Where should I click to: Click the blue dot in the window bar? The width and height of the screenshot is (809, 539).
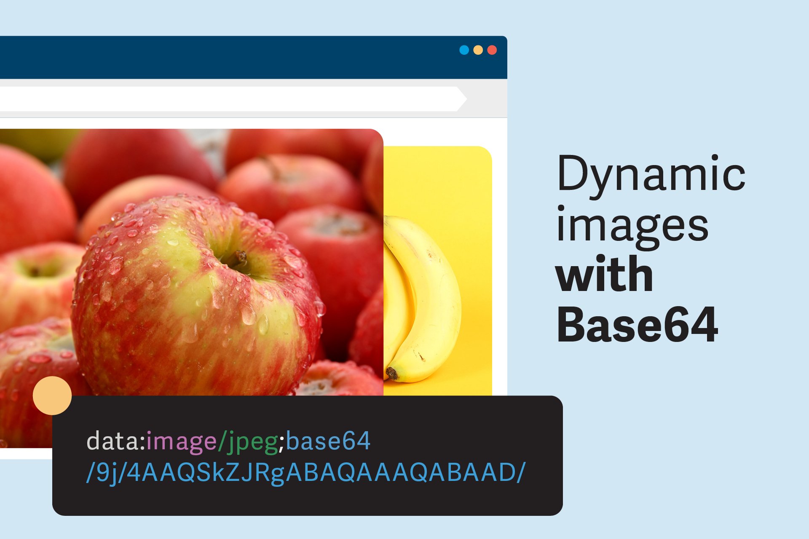click(464, 50)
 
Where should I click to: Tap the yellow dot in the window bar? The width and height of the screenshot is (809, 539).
click(478, 50)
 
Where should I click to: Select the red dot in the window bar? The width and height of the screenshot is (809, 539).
click(492, 50)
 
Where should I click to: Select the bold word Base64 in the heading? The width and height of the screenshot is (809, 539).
click(637, 325)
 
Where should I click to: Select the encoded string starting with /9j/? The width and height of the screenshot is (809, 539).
click(305, 472)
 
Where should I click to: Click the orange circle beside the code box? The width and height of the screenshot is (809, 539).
click(52, 395)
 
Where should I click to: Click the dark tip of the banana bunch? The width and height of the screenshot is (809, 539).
click(392, 373)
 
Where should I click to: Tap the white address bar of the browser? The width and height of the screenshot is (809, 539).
click(228, 99)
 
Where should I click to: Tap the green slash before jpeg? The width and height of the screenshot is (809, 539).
click(222, 441)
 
